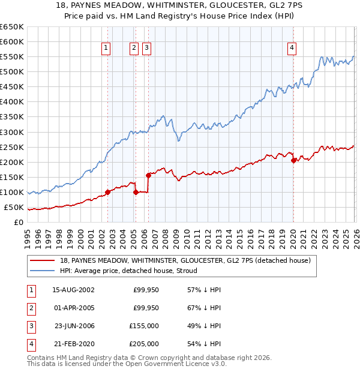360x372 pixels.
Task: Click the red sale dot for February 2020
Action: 293,160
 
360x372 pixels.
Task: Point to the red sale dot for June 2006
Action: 148,175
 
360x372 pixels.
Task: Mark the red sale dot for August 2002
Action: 108,192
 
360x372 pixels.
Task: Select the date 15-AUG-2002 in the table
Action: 73,289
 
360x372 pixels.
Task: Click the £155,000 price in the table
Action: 144,326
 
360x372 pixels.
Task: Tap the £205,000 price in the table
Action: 144,344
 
